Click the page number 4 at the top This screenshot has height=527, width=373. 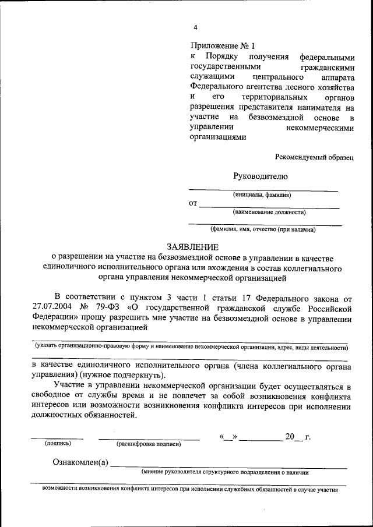[x=196, y=27]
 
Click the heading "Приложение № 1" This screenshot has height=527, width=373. [x=223, y=45]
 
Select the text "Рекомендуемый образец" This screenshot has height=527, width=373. [x=315, y=157]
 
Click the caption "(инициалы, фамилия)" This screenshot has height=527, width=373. [x=262, y=194]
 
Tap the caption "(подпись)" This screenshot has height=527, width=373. [x=58, y=443]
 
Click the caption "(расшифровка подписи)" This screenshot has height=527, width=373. [x=149, y=444]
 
